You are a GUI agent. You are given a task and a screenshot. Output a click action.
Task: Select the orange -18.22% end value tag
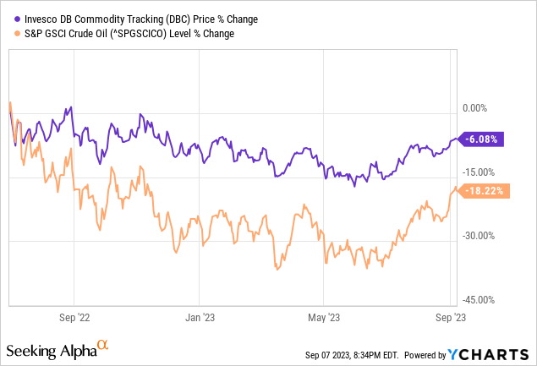[485, 191]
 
